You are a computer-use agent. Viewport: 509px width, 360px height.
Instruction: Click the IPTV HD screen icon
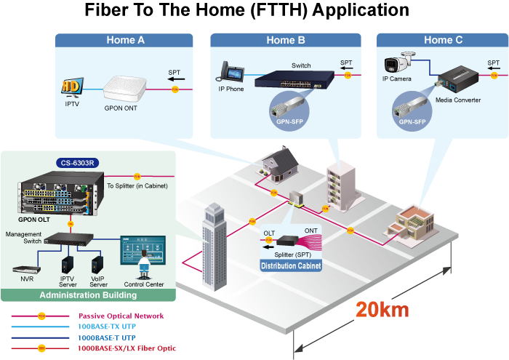(71, 87)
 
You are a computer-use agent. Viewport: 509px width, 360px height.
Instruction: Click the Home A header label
(125, 40)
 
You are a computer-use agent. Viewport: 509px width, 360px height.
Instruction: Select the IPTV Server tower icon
(68, 265)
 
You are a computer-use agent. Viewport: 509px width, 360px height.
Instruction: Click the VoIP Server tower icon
(97, 265)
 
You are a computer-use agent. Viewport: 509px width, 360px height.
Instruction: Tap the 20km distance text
(382, 309)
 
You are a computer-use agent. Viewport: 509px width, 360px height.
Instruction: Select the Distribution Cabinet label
(291, 266)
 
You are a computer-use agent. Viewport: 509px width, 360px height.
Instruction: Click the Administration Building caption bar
(88, 295)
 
